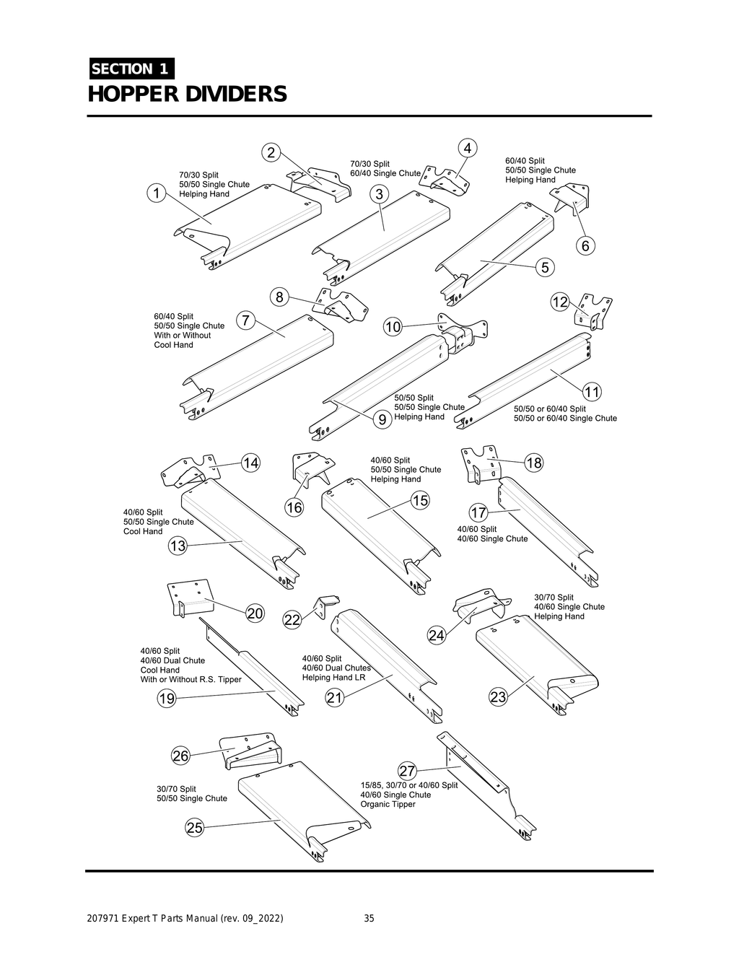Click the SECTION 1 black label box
coord(131,69)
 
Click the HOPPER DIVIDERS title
coord(187,95)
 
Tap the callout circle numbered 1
coord(155,193)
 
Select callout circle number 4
coord(468,148)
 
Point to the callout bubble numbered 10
coord(393,327)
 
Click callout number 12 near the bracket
coord(560,302)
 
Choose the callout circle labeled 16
coord(294,507)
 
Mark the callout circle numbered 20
coord(255,613)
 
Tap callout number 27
coord(407,772)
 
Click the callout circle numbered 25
coord(195,828)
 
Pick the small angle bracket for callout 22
coord(325,604)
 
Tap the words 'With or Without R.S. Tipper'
coord(191,679)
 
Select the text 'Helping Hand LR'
coord(333,677)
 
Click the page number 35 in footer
coord(369,918)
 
